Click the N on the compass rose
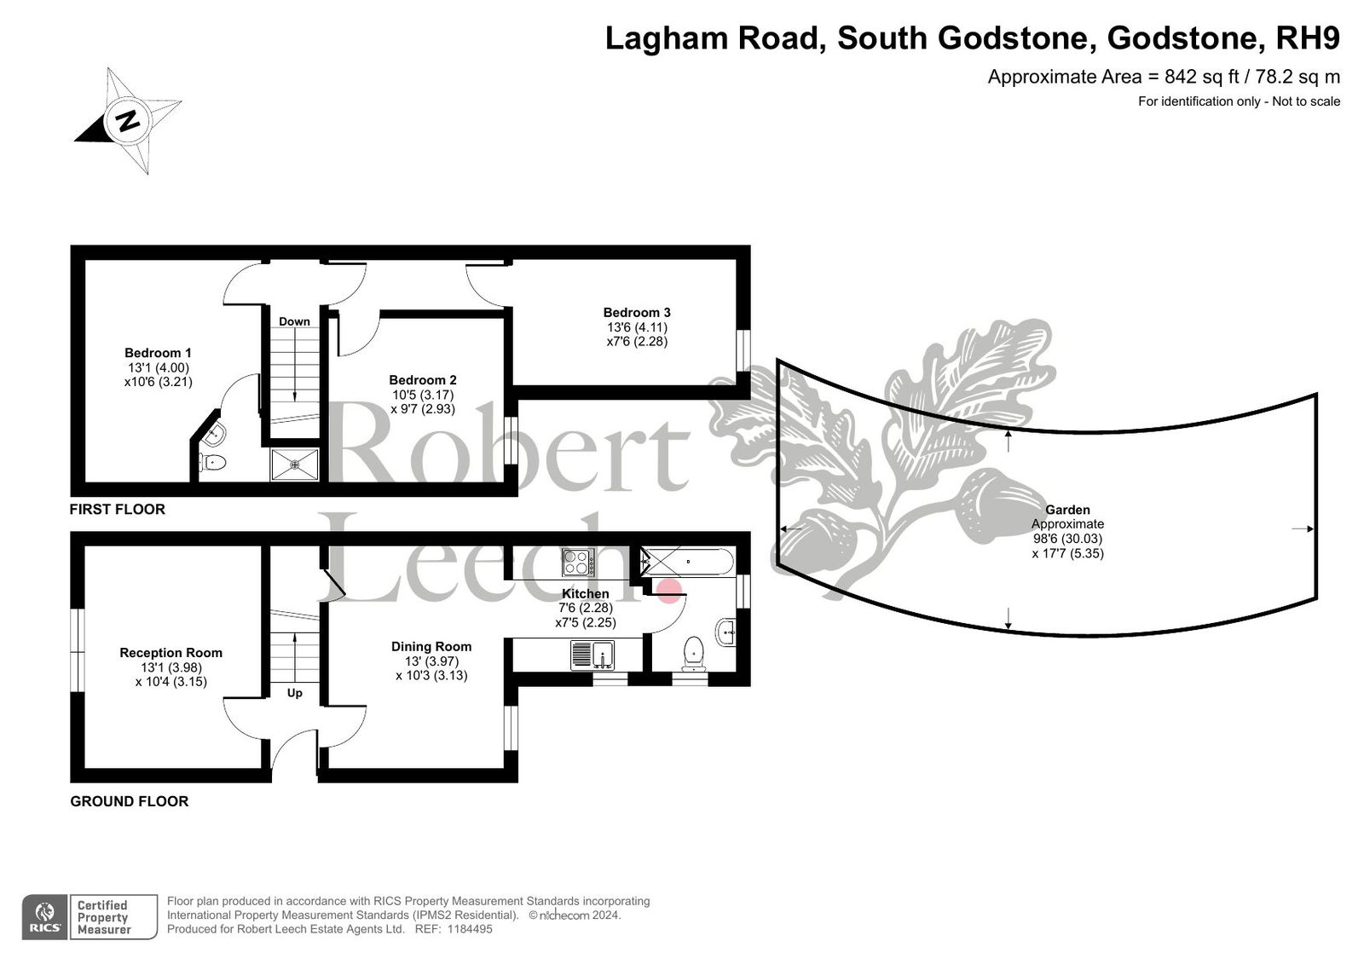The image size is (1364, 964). [128, 120]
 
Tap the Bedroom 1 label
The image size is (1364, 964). [158, 353]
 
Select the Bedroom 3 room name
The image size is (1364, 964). [636, 313]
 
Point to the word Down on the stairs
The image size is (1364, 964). [294, 321]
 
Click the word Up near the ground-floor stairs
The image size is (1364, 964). [295, 693]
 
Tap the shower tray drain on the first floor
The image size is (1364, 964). [295, 465]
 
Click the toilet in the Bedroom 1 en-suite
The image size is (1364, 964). [212, 463]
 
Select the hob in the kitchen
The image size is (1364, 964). [578, 562]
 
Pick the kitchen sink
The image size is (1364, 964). [592, 655]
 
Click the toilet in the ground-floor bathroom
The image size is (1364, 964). [694, 652]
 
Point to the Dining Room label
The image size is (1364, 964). [431, 646]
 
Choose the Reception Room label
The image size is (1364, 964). [171, 653]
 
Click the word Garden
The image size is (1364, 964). [1067, 510]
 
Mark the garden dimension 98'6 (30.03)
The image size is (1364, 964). [1067, 539]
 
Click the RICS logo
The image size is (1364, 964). [45, 917]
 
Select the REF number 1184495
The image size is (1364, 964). [470, 929]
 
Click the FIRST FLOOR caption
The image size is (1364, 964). [118, 509]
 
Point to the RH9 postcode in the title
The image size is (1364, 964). [1308, 38]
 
